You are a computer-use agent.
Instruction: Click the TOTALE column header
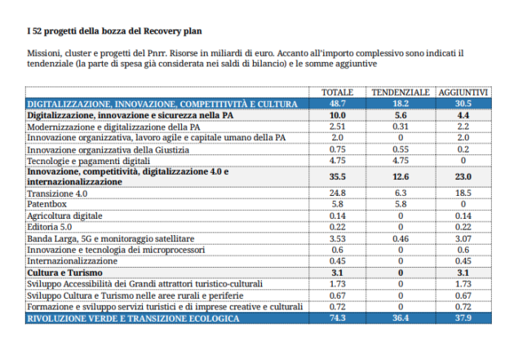tap(337, 92)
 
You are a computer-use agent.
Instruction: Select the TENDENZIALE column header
tap(401, 92)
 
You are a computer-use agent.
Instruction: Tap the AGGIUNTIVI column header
tap(463, 92)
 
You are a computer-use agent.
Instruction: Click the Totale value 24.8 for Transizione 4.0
tap(337, 193)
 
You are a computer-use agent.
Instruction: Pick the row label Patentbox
tap(47, 204)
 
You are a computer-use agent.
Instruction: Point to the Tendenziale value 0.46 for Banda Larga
tap(401, 238)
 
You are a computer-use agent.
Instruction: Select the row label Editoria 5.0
tap(50, 227)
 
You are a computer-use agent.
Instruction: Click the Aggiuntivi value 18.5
tap(463, 193)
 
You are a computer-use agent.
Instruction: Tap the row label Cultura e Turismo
tap(65, 273)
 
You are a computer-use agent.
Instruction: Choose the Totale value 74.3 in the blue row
tap(337, 318)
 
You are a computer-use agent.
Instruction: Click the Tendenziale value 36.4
tap(401, 318)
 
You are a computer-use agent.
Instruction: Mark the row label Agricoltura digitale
tap(65, 216)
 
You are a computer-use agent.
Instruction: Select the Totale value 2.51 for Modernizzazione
tap(337, 127)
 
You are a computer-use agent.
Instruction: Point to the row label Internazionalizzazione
tap(72, 261)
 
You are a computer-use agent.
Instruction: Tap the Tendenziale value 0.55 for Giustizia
tap(401, 149)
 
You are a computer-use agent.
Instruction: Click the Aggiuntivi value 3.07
tap(463, 238)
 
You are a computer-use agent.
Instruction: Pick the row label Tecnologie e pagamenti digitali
tap(88, 161)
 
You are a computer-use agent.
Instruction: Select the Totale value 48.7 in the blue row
tap(337, 104)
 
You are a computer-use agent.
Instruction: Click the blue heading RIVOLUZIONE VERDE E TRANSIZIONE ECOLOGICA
tap(134, 318)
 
